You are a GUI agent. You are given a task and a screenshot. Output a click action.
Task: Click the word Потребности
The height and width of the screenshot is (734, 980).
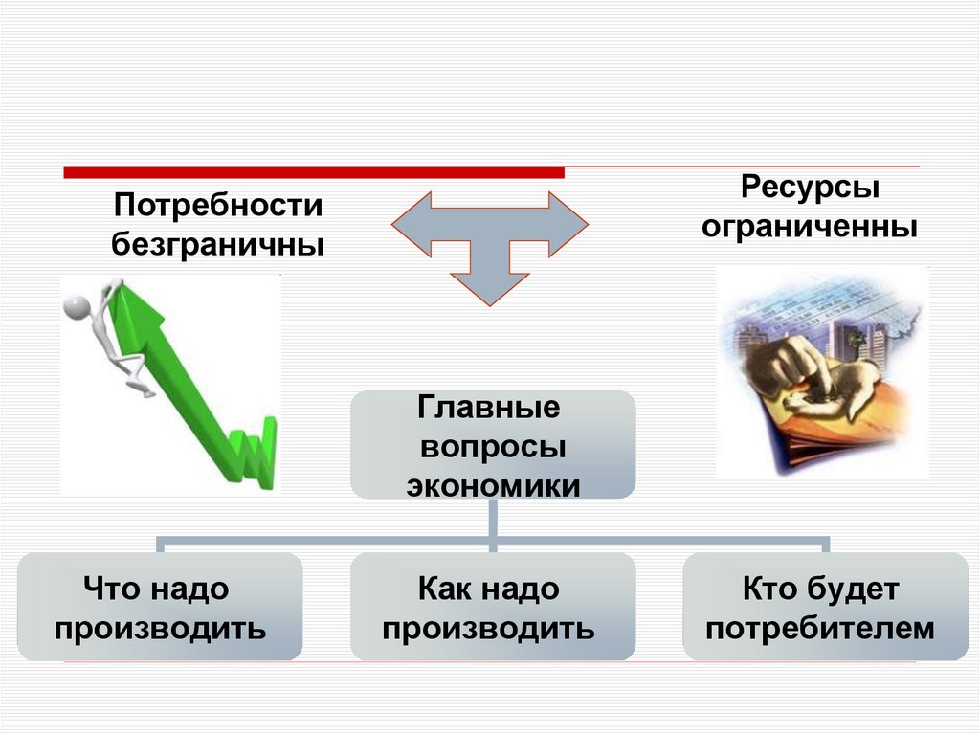219,206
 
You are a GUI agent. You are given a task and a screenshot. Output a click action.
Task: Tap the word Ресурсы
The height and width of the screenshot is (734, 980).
810,188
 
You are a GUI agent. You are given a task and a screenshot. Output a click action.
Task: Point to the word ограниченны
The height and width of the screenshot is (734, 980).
810,229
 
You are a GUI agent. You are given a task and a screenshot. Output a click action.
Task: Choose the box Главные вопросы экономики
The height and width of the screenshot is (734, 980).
492,444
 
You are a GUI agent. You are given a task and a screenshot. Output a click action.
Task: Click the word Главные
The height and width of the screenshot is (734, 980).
489,410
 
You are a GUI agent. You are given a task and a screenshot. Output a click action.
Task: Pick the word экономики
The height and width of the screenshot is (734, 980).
493,485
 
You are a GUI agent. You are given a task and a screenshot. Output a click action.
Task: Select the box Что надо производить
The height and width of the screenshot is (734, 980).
160,607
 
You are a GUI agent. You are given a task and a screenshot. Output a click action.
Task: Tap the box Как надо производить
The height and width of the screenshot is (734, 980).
492,607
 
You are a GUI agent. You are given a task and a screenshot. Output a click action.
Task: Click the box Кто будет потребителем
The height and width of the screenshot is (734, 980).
825,607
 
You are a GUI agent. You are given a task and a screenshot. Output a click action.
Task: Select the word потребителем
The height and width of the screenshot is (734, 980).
824,629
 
